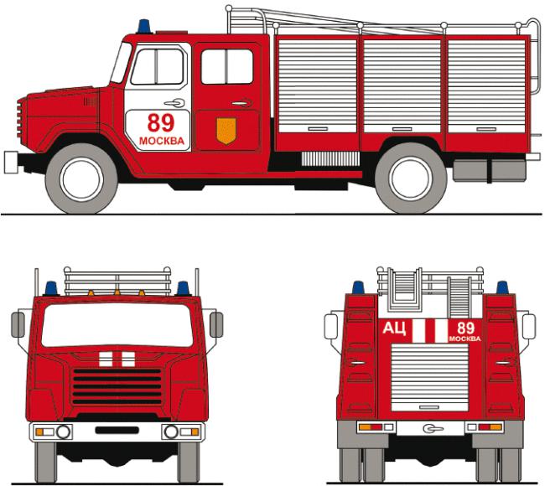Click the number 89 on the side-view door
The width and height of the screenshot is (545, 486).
coord(161,122)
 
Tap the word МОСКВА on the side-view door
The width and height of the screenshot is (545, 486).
coord(162,141)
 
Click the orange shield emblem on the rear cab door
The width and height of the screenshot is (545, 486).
coord(226,131)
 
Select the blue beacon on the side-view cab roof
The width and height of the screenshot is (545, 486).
coord(144,27)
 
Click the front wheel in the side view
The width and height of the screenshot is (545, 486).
coord(81,179)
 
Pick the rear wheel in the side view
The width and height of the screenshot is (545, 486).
coord(411,178)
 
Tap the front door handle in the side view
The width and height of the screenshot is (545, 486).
coord(174,103)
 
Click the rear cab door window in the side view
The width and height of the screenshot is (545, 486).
coord(227,67)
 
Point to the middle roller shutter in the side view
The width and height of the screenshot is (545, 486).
coord(402,85)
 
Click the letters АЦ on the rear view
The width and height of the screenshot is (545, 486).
coord(394,328)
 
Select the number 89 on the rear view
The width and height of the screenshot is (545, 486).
coord(465,328)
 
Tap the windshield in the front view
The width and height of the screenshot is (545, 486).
coord(117,325)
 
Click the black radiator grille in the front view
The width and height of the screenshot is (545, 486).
coord(117,386)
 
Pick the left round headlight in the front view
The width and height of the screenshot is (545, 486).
coord(63,432)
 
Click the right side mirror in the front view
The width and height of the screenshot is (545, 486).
coord(216,324)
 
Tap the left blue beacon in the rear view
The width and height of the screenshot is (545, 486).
coord(358,287)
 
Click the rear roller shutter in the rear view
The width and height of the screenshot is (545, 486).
coord(429,378)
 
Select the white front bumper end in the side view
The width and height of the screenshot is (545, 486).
coord(11,163)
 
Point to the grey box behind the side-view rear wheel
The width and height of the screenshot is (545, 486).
coord(490,171)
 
